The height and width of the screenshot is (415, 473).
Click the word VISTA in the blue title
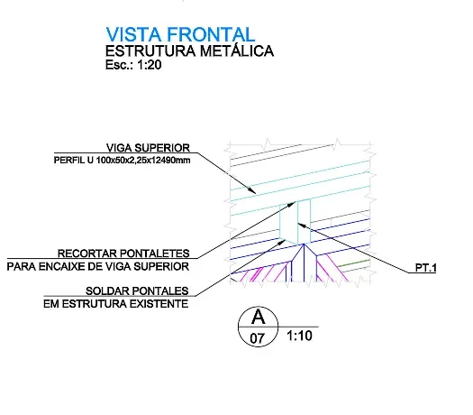(x=133, y=34)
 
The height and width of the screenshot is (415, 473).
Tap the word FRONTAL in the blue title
(x=211, y=34)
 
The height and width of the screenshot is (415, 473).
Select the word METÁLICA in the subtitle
(x=237, y=51)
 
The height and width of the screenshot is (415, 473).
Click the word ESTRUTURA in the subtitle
(x=150, y=51)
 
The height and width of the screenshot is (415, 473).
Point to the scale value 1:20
(x=149, y=65)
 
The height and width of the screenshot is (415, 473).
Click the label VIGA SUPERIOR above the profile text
(x=148, y=148)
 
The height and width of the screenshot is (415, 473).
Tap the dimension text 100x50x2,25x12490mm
(x=143, y=160)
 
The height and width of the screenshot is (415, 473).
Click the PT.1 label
(x=425, y=268)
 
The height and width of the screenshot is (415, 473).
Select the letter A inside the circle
(x=259, y=317)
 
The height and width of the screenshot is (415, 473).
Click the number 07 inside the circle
(x=257, y=338)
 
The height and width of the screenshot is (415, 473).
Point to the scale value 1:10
(x=299, y=336)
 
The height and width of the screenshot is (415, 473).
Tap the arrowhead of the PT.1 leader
(x=303, y=226)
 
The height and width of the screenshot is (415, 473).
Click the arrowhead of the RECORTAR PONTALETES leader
(x=290, y=205)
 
